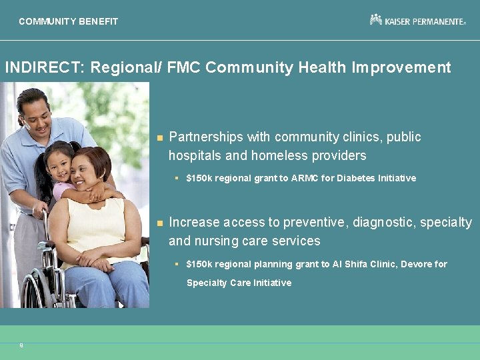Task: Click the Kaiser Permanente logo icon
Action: pos(376,20)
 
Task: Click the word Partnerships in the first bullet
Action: pos(206,137)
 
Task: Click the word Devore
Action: pos(417,264)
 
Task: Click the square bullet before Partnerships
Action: pos(159,138)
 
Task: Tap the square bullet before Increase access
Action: pos(159,223)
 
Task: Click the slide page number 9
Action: pos(21,345)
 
